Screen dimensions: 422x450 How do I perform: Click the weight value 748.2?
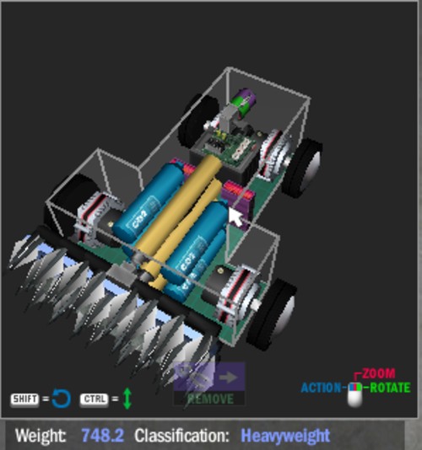coord(103,436)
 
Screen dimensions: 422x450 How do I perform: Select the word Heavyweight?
coord(285,437)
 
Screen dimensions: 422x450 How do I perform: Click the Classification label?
coord(181,436)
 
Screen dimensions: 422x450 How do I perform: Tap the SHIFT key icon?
coord(24,399)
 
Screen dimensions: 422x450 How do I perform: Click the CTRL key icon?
coord(94,399)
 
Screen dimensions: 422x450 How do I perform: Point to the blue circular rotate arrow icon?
coord(62,399)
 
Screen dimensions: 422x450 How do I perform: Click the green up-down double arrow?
coord(127,399)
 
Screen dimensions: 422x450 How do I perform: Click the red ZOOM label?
coord(379,373)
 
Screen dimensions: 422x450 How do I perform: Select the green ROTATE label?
coord(390,388)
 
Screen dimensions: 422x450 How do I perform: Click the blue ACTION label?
coord(321,388)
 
